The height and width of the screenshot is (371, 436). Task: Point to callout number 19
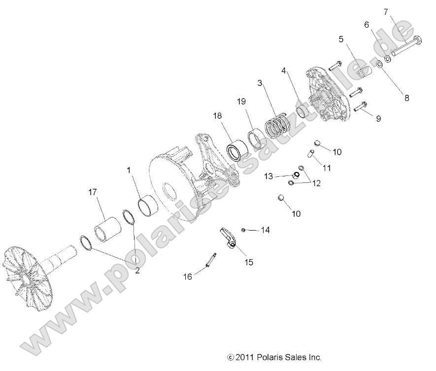tap(240, 102)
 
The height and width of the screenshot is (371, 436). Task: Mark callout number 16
tap(188, 276)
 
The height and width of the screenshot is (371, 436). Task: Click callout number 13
tap(268, 176)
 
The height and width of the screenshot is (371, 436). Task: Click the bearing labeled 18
tap(236, 150)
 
